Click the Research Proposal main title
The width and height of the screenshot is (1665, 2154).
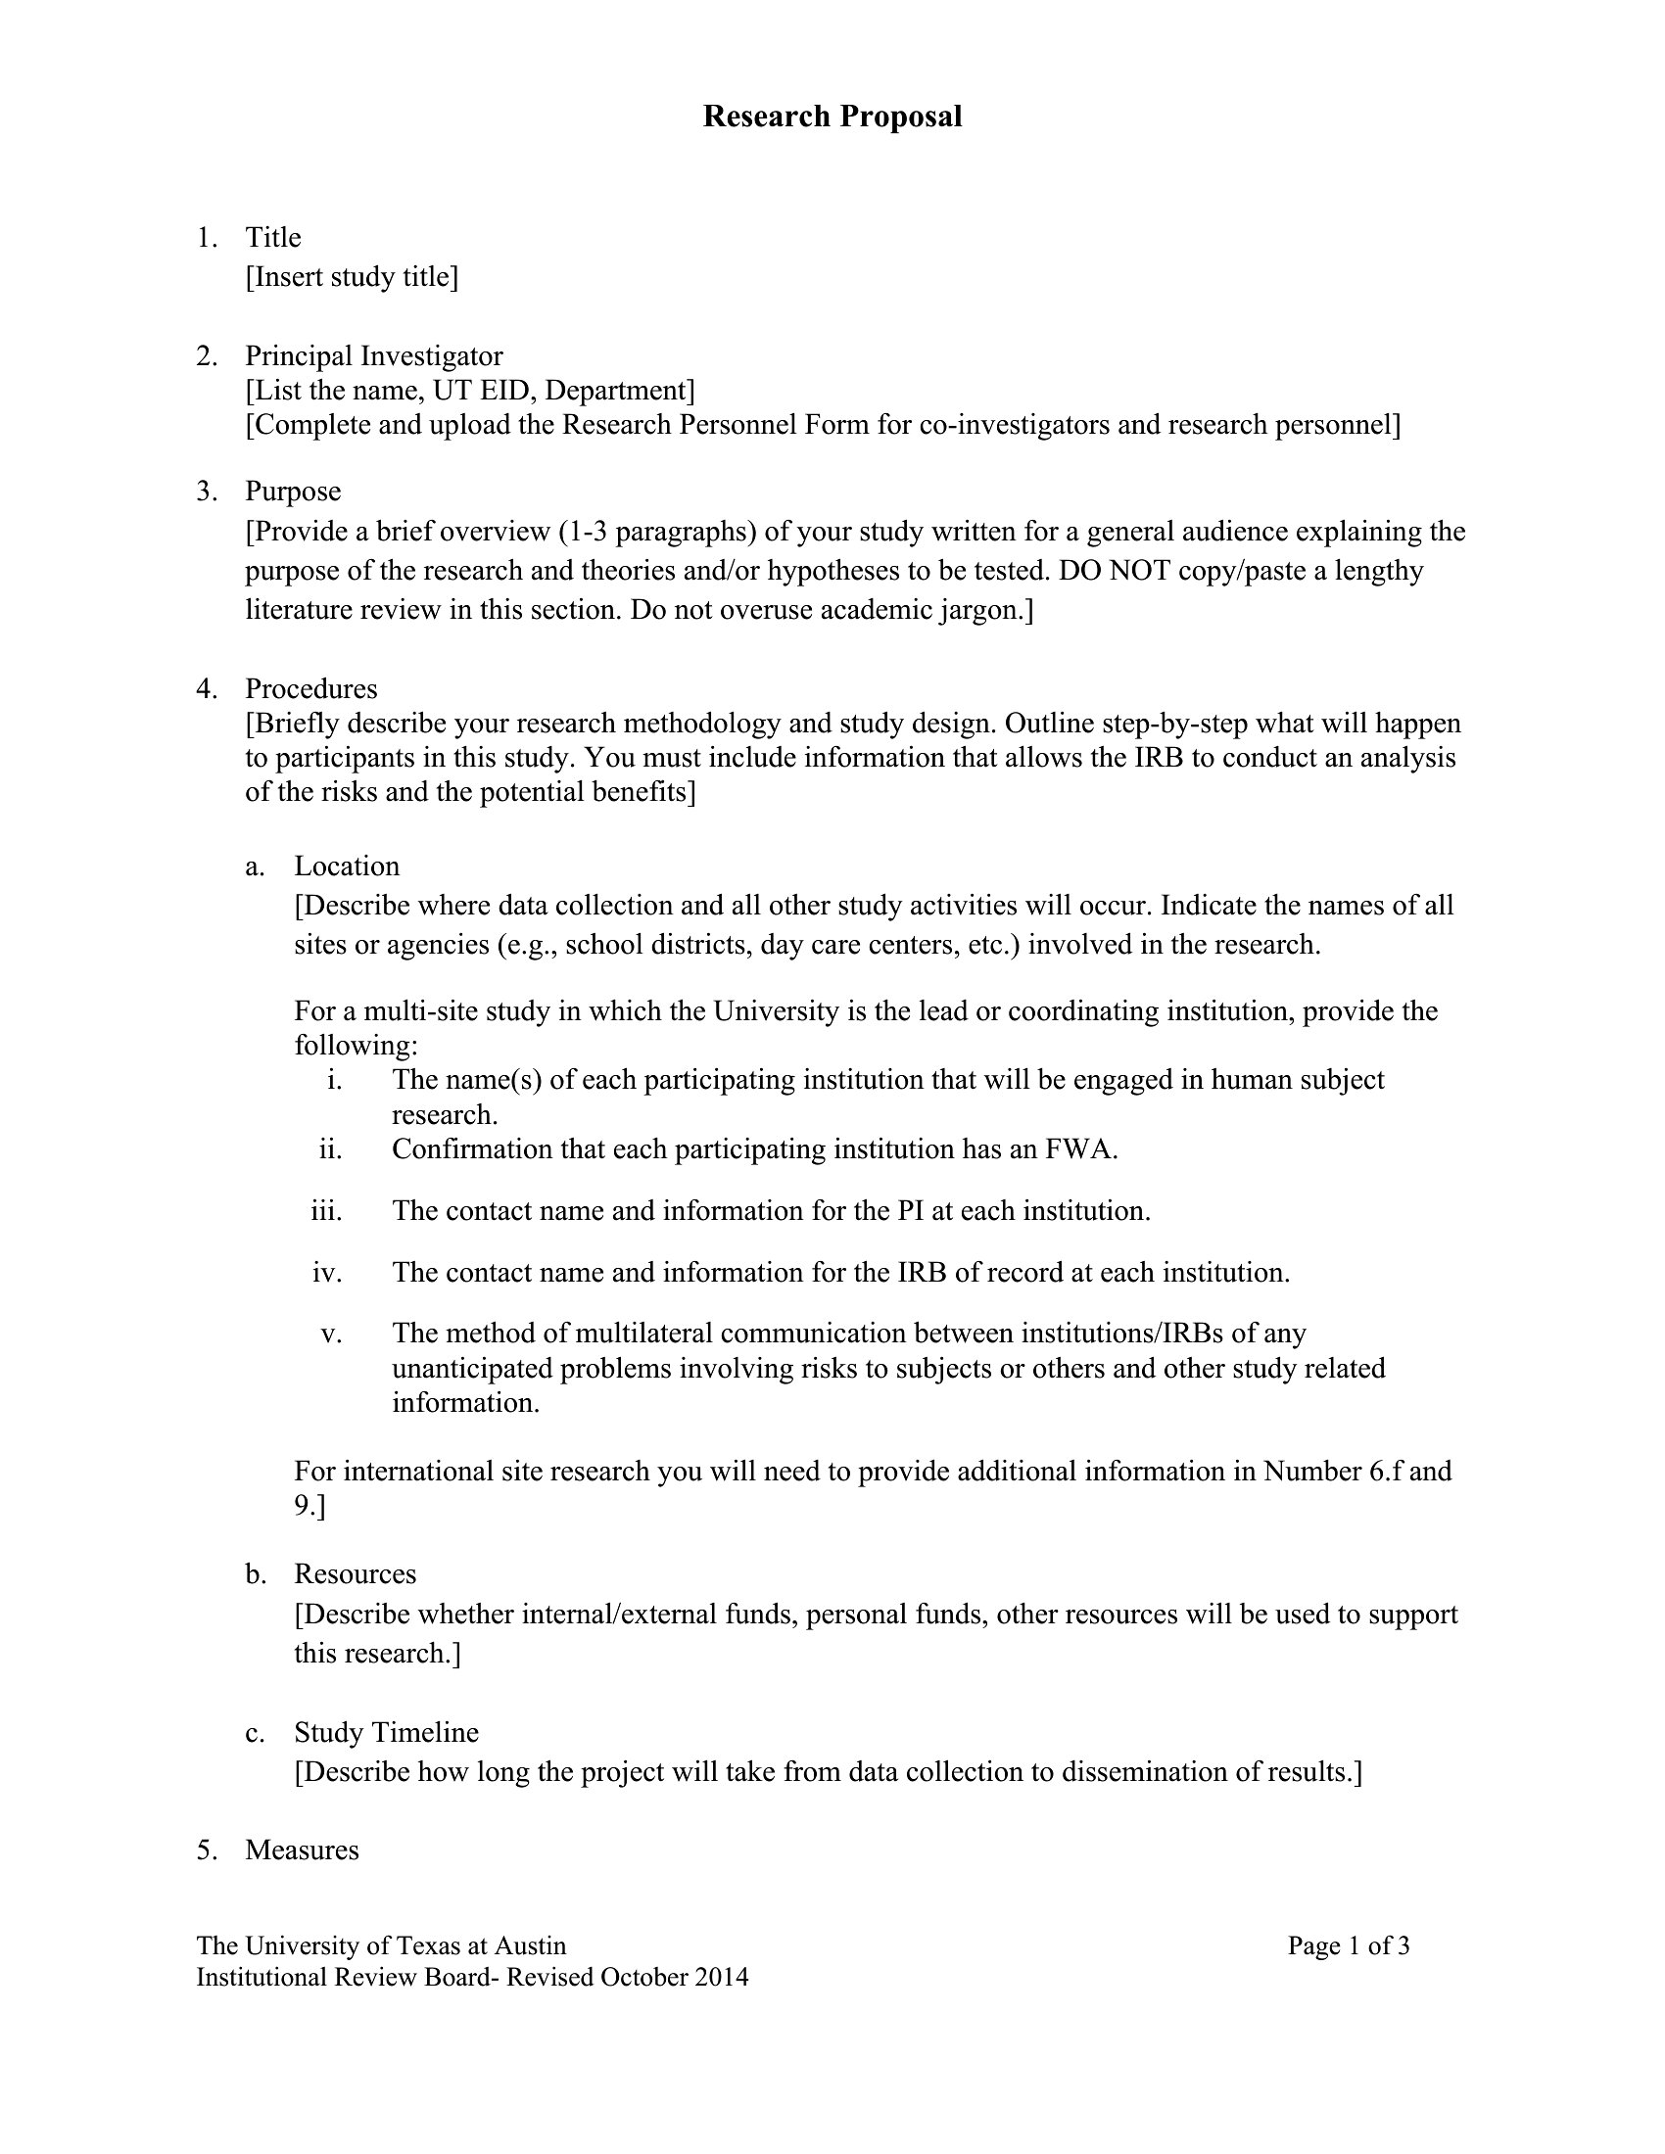click(832, 117)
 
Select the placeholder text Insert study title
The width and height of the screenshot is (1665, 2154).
click(353, 277)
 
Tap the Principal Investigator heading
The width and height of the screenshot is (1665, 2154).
click(374, 356)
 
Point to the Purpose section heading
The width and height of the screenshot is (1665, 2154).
click(293, 492)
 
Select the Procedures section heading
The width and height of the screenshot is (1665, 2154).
click(310, 688)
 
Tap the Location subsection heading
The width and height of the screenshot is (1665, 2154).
click(346, 866)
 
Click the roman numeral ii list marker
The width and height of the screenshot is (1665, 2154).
click(330, 1149)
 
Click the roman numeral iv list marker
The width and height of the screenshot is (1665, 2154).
click(326, 1272)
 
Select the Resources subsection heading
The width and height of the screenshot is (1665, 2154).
click(356, 1573)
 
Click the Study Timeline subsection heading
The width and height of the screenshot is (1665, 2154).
click(386, 1732)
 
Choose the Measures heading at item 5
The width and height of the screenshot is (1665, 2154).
click(302, 1850)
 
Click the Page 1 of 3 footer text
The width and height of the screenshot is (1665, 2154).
click(1348, 1945)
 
